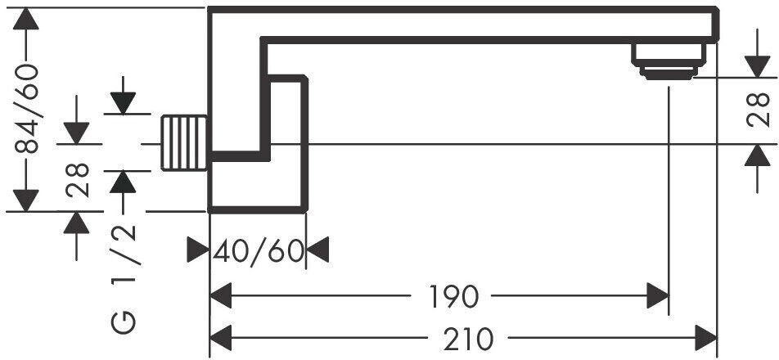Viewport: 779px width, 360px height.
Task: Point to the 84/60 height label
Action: [x=29, y=110]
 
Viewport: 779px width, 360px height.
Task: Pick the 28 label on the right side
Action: [x=760, y=110]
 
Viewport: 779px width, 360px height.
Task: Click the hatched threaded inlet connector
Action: [x=185, y=143]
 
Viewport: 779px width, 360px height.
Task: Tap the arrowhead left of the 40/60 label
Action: [x=198, y=250]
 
